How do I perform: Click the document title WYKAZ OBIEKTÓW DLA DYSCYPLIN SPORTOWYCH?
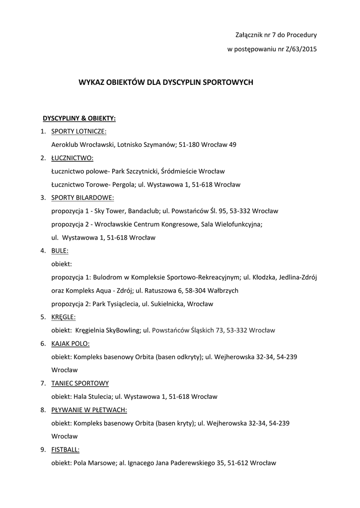166,82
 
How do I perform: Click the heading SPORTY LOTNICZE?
79,131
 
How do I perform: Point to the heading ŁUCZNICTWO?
72,158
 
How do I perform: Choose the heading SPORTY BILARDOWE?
82,198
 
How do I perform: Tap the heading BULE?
60,251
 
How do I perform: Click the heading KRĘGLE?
64,317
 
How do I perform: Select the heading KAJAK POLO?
71,343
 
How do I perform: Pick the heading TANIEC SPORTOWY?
80,383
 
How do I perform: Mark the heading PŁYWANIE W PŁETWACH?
89,410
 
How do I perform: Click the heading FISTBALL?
66,449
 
